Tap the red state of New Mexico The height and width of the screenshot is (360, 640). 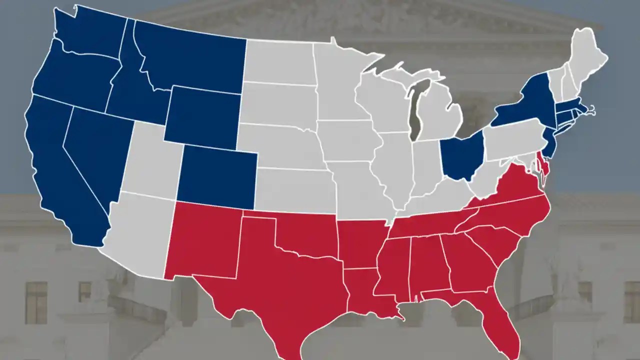pos(205,240)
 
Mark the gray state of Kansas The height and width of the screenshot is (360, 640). pos(295,190)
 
